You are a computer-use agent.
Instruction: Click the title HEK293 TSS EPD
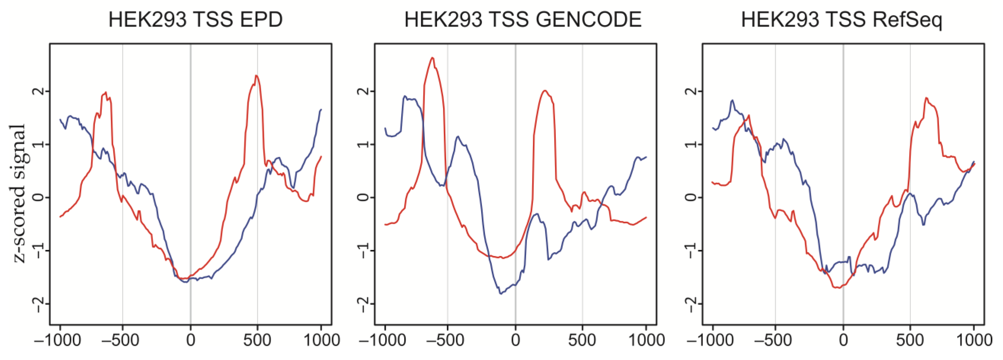coord(195,20)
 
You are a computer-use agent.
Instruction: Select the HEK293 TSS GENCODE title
coord(523,20)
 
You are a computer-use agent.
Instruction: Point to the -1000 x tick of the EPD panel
coord(57,340)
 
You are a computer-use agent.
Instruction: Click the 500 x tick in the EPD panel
coord(257,340)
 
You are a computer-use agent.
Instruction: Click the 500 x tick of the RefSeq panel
coord(910,340)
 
